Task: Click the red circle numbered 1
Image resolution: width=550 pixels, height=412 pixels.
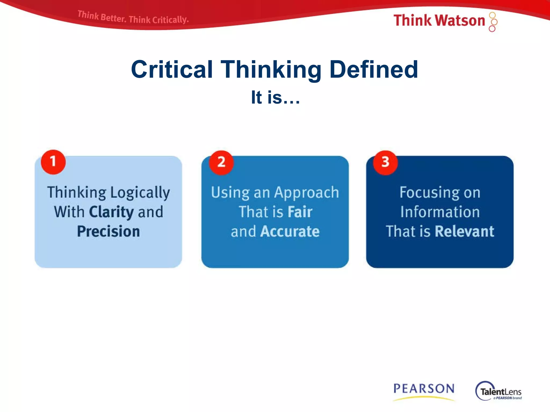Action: click(53, 162)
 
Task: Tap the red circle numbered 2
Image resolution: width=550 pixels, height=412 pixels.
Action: click(221, 163)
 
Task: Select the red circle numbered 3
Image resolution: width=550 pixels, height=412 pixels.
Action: click(385, 163)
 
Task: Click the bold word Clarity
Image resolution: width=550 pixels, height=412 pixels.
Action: click(111, 212)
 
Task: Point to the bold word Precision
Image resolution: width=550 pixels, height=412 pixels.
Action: click(108, 231)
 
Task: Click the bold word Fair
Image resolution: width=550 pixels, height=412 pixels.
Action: click(300, 212)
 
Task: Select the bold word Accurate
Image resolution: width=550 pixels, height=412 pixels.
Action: click(290, 231)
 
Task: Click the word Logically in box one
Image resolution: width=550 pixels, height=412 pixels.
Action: click(140, 193)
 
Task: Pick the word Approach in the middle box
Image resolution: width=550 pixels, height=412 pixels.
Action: click(307, 193)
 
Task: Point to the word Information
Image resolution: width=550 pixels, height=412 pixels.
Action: click(440, 212)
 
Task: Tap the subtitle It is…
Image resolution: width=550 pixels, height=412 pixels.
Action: click(275, 97)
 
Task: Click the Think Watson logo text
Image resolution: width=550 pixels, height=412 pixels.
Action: click(439, 20)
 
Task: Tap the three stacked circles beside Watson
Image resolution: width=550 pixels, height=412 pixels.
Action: click(493, 22)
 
